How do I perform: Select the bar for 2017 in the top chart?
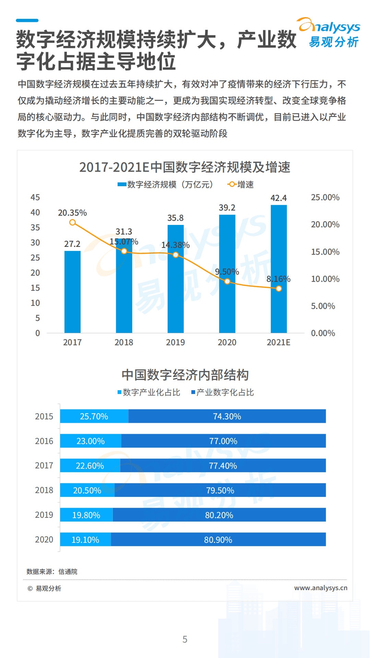point(72,291)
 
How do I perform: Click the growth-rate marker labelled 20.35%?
point(72,223)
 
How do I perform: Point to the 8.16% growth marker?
point(279,289)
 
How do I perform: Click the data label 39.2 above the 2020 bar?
point(227,207)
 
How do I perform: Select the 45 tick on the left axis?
point(35,198)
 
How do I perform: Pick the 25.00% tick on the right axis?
point(325,198)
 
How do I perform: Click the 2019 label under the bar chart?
point(175,342)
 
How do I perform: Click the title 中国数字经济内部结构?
point(185,375)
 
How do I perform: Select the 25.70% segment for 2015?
point(94,416)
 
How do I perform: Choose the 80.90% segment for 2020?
point(218,540)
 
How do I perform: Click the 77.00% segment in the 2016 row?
point(223,441)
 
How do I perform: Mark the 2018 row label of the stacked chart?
point(44,490)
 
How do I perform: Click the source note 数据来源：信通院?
point(52,572)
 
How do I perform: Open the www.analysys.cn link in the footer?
point(321,588)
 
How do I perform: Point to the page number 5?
point(185,639)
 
